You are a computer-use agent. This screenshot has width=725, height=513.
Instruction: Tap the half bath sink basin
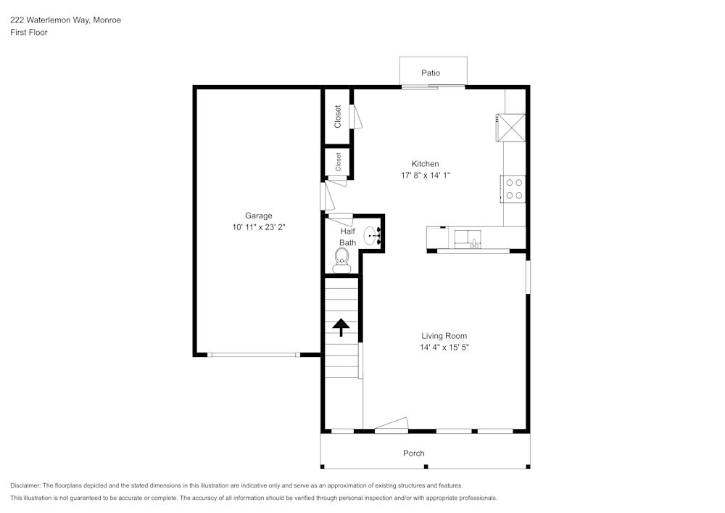371,235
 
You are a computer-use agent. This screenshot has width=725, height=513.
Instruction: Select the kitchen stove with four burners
514,189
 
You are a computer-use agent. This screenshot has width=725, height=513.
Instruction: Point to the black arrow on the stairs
341,327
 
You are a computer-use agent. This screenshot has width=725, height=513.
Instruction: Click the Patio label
431,73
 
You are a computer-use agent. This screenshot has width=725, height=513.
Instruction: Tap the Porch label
414,454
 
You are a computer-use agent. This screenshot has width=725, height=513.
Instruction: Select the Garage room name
258,216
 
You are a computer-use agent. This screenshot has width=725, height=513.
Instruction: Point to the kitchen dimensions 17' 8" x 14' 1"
425,176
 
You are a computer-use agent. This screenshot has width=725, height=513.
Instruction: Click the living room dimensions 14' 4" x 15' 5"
444,348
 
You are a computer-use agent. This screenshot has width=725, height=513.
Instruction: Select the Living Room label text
444,336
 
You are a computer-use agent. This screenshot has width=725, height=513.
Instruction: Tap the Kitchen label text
425,164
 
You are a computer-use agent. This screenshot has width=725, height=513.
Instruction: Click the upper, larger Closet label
338,117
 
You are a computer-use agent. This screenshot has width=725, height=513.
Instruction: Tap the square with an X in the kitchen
511,128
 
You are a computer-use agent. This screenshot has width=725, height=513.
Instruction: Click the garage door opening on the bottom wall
253,355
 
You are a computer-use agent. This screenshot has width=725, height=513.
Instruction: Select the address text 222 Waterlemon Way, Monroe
65,20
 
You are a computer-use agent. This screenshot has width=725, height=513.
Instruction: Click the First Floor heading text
29,33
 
